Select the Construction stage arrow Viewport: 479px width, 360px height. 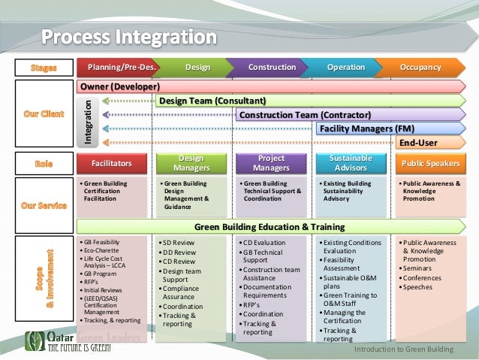point(271,68)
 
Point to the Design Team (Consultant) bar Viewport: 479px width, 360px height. point(212,101)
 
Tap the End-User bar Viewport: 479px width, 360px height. point(418,143)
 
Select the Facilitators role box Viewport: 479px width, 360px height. point(111,162)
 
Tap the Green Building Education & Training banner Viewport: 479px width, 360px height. point(269,226)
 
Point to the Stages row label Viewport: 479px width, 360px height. point(44,68)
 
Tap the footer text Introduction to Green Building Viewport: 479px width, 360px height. point(409,350)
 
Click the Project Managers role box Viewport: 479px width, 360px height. point(271,162)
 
